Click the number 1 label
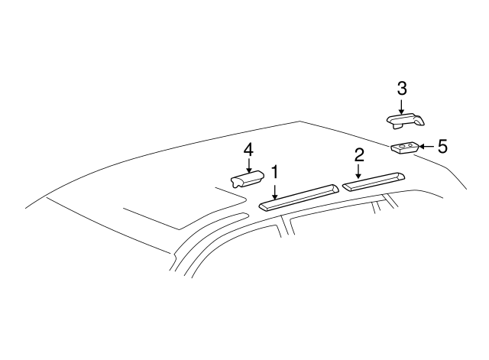tap(274, 174)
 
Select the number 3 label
tap(402, 89)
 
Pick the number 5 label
tap(442, 145)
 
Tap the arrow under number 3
tap(402, 105)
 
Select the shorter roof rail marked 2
tap(374, 182)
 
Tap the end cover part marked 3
tap(406, 118)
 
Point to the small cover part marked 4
tap(247, 179)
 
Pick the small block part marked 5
tap(404, 148)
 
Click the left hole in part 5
tap(400, 145)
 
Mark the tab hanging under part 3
tap(398, 127)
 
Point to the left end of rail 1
tap(264, 205)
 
